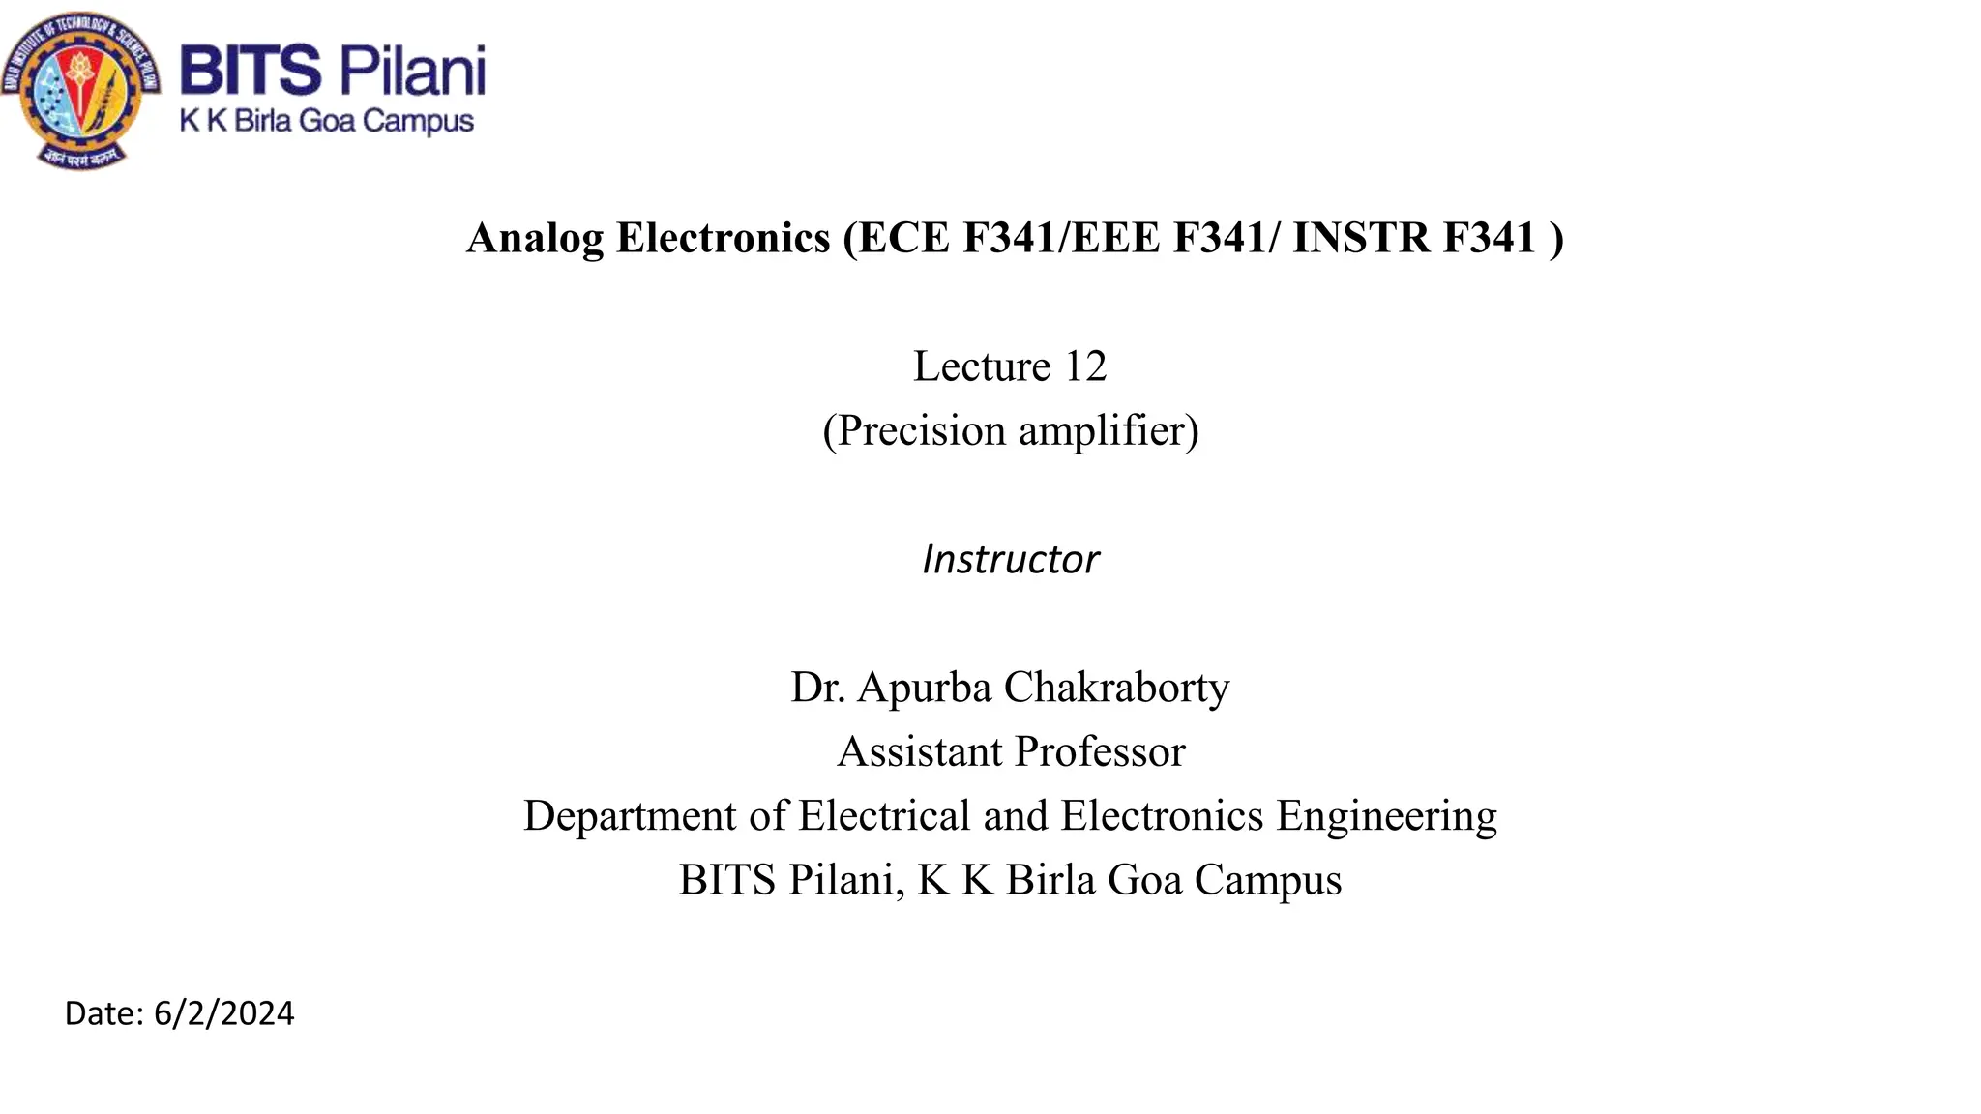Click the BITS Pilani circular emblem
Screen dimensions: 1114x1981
81,92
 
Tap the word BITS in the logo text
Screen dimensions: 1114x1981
250,71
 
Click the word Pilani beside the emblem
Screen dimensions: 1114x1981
412,71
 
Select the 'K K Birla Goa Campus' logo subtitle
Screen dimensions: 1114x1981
327,122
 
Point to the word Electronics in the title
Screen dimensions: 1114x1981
724,238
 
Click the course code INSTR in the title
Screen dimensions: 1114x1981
1362,238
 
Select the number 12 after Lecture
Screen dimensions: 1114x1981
1085,366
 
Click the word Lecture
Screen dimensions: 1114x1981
982,366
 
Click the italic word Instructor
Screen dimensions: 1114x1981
1011,560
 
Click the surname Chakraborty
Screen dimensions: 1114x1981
1117,688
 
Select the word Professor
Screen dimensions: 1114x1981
1101,752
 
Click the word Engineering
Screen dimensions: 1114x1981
1386,816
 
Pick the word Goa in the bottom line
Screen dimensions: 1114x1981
1144,880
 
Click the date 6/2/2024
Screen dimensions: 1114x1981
223,1013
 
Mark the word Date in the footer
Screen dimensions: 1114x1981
103,1013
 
